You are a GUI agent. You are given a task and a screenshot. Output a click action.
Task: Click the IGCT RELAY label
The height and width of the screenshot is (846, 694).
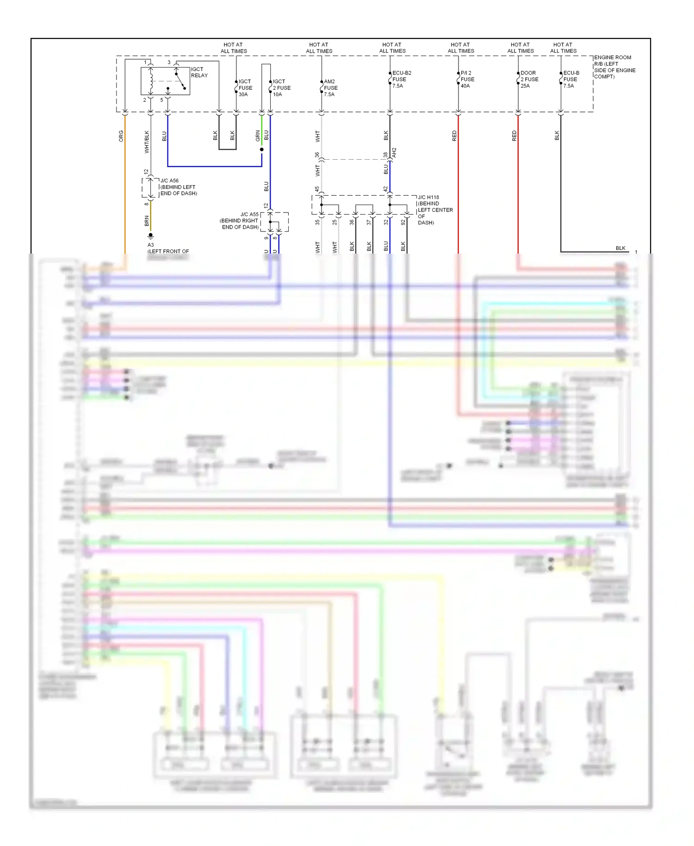coord(199,72)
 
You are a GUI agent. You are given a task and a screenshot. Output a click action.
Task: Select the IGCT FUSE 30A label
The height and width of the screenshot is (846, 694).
coord(245,88)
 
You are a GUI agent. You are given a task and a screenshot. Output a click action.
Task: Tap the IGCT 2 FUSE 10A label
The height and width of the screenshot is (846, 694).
coord(281,88)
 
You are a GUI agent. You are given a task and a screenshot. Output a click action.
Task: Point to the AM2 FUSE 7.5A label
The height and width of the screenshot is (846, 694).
coord(330,88)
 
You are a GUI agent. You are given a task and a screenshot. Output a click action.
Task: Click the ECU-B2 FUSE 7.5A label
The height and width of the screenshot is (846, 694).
coord(401,80)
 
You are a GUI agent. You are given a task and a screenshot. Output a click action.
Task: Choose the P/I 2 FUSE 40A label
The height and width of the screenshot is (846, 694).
coord(467,80)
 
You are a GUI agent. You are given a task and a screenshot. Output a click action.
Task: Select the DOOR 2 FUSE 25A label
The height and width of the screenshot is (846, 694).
coord(529,80)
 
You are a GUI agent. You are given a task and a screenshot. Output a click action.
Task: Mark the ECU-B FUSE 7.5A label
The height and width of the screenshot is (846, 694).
coord(570,80)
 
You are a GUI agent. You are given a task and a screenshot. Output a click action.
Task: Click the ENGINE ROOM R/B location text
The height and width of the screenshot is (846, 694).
coord(614,67)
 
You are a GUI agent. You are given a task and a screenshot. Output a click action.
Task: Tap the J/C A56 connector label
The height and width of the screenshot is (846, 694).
coord(178,187)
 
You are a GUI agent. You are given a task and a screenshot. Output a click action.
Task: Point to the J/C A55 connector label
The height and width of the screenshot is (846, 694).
coord(240,221)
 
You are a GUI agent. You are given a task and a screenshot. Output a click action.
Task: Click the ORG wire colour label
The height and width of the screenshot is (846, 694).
coord(121,136)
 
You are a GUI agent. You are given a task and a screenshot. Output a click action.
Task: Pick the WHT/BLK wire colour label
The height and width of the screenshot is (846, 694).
coord(147,142)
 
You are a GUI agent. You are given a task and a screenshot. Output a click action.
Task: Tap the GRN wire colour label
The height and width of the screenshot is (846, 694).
coord(258,136)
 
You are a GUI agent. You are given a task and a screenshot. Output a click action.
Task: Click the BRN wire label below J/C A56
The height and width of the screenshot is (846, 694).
coord(147,221)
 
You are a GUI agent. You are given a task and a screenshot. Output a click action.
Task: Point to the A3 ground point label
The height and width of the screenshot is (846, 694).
coord(151,245)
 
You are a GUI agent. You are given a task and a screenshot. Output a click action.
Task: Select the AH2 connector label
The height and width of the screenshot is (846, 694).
coord(394,153)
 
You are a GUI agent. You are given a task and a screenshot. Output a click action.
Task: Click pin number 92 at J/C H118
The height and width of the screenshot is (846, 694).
coord(403,222)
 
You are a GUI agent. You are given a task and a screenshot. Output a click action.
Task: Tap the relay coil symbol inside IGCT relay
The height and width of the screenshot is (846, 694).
coord(151,81)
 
